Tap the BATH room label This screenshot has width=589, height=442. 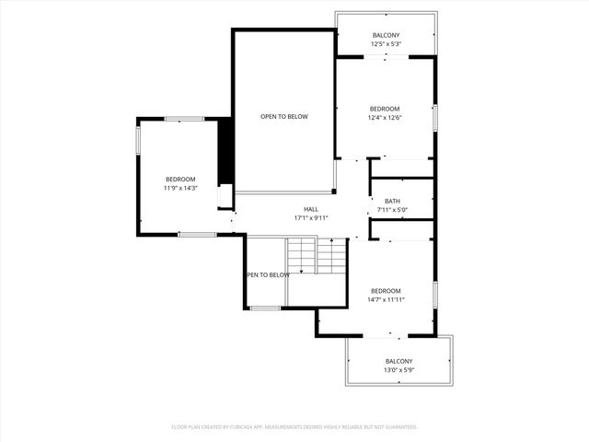393,202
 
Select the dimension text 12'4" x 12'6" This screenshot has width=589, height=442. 385,118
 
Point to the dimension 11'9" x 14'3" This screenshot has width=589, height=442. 180,188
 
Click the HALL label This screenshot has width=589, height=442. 311,209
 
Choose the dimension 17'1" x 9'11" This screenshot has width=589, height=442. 311,218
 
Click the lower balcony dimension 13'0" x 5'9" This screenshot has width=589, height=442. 398,370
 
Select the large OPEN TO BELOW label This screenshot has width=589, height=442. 283,117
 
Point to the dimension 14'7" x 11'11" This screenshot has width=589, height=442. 387,299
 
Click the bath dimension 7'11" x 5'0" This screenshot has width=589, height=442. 393,211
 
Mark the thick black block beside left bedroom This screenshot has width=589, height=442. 223,152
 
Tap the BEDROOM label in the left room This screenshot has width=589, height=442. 180,179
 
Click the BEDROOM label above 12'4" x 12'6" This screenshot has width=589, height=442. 385,109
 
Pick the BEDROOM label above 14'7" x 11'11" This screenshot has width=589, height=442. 387,290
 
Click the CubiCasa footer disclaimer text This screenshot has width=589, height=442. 294,427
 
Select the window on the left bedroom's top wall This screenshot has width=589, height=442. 184,118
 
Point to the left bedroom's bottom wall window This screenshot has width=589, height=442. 196,235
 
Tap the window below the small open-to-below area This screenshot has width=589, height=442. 265,308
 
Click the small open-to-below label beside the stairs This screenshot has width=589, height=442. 268,274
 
